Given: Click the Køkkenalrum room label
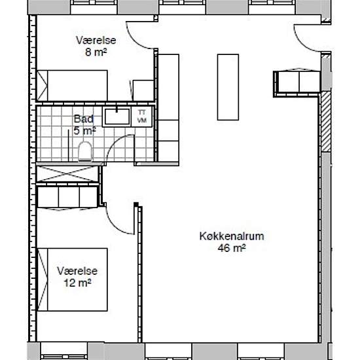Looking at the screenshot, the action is (232, 236).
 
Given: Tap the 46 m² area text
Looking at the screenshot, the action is (232, 248).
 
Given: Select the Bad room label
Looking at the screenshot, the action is (84, 119).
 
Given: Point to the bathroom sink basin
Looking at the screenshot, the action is (117, 117).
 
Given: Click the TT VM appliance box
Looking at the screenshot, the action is (142, 117).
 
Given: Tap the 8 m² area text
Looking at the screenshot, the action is (96, 52).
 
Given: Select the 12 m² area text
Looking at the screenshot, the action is (77, 283).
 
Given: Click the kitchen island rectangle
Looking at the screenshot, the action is (228, 87).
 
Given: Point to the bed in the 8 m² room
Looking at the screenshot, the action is (72, 85).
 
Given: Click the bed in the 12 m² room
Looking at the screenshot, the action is (73, 279).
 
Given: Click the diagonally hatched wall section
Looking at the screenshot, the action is (326, 122).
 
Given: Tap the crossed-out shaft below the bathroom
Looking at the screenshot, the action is (67, 174).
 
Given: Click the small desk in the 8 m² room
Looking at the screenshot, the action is (143, 90).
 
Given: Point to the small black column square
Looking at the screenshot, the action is (136, 204).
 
